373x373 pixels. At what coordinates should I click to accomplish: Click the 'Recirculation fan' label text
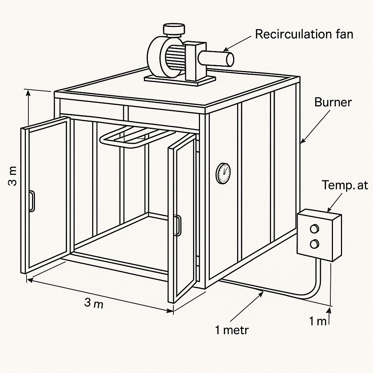pyautogui.click(x=304, y=34)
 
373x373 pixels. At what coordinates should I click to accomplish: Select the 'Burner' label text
pyautogui.click(x=333, y=102)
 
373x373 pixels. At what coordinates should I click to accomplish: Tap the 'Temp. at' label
pyautogui.click(x=345, y=185)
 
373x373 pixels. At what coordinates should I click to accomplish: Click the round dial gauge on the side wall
pyautogui.click(x=223, y=173)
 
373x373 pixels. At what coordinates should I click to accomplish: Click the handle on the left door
pyautogui.click(x=32, y=201)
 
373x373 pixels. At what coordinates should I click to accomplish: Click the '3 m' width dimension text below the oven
pyautogui.click(x=94, y=303)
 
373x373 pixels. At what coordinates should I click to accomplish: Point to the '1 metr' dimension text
pyautogui.click(x=232, y=330)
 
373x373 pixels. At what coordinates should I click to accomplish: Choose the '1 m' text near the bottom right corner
pyautogui.click(x=317, y=321)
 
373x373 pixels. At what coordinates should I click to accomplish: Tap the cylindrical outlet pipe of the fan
pyautogui.click(x=217, y=59)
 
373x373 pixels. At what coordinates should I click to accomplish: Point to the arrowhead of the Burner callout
pyautogui.click(x=302, y=141)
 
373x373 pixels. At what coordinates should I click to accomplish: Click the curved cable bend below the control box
pyautogui.click(x=313, y=293)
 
